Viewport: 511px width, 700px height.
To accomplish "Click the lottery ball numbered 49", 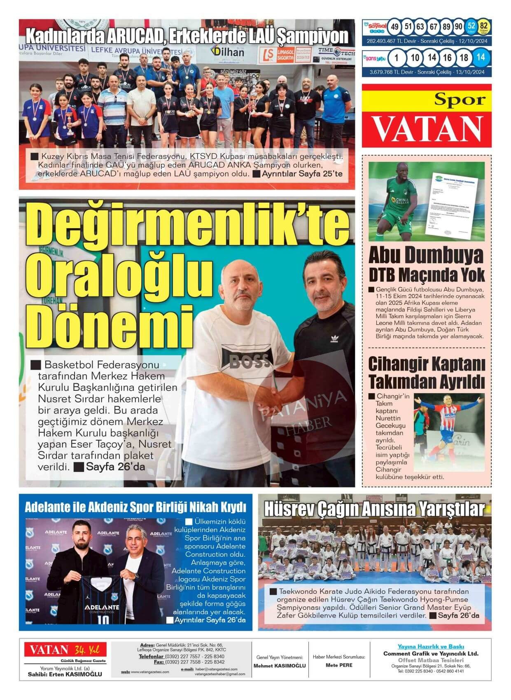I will [395, 27].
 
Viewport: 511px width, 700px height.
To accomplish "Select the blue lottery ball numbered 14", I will [480, 58].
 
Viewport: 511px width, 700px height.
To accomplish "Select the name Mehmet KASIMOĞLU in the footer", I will [280, 666].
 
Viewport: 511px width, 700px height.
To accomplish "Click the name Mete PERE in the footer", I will [339, 665].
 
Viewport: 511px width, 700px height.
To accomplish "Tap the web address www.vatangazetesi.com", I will [150, 672].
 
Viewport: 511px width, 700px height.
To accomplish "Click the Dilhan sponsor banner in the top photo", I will [227, 52].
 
